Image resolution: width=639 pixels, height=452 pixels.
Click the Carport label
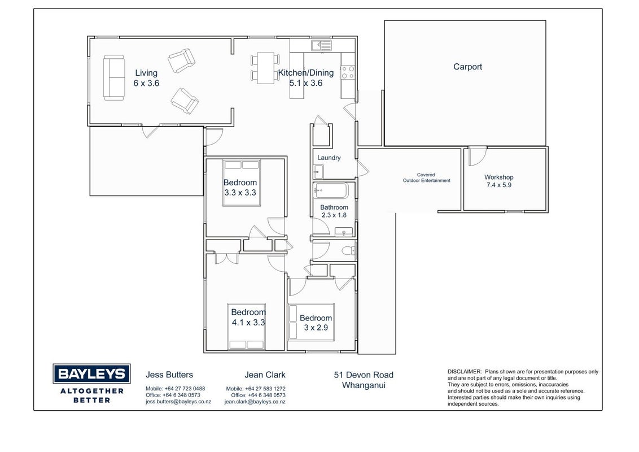pos(467,67)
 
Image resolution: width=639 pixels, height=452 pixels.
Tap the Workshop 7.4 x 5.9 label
pos(499,181)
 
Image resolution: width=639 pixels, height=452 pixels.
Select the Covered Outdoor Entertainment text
pos(426,177)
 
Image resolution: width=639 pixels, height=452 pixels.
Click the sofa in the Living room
pos(113,77)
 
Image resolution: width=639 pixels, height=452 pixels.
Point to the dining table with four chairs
pos(265,68)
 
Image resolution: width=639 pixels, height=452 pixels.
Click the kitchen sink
pos(322,45)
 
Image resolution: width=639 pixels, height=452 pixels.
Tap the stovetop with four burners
pos(348,73)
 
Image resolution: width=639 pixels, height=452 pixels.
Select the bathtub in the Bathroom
pos(330,190)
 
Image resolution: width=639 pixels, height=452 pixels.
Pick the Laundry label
pos(329,158)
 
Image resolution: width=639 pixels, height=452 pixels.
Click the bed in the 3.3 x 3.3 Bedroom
pos(242,183)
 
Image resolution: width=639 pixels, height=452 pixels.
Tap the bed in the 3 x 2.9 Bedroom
pos(311,322)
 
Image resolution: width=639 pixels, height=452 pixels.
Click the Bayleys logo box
pos(91,373)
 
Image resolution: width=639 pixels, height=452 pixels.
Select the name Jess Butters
pos(169,375)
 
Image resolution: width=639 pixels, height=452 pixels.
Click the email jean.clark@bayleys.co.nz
pos(255,402)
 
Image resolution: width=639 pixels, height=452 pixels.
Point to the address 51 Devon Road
pos(364,375)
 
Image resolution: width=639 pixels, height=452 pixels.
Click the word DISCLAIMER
pos(465,372)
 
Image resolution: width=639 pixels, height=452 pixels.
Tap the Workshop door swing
pos(477,157)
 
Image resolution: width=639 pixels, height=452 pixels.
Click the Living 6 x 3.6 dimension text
pos(146,83)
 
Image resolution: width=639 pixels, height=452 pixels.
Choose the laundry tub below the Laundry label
pos(318,172)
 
